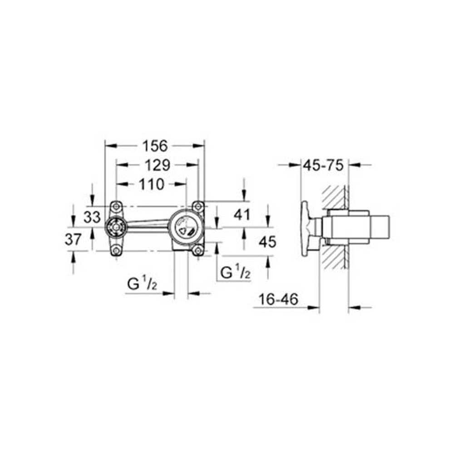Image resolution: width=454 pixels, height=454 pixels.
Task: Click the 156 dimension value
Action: (x=155, y=146)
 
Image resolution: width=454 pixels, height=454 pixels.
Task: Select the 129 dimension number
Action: (x=157, y=165)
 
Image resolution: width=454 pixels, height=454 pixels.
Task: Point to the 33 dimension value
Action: (x=92, y=217)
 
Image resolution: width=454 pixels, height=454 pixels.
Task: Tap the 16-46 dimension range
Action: (x=279, y=300)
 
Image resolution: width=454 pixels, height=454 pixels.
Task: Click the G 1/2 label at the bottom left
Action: (x=142, y=285)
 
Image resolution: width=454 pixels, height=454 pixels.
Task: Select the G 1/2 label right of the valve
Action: (x=235, y=272)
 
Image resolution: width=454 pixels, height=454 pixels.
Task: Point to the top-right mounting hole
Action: (x=197, y=206)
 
